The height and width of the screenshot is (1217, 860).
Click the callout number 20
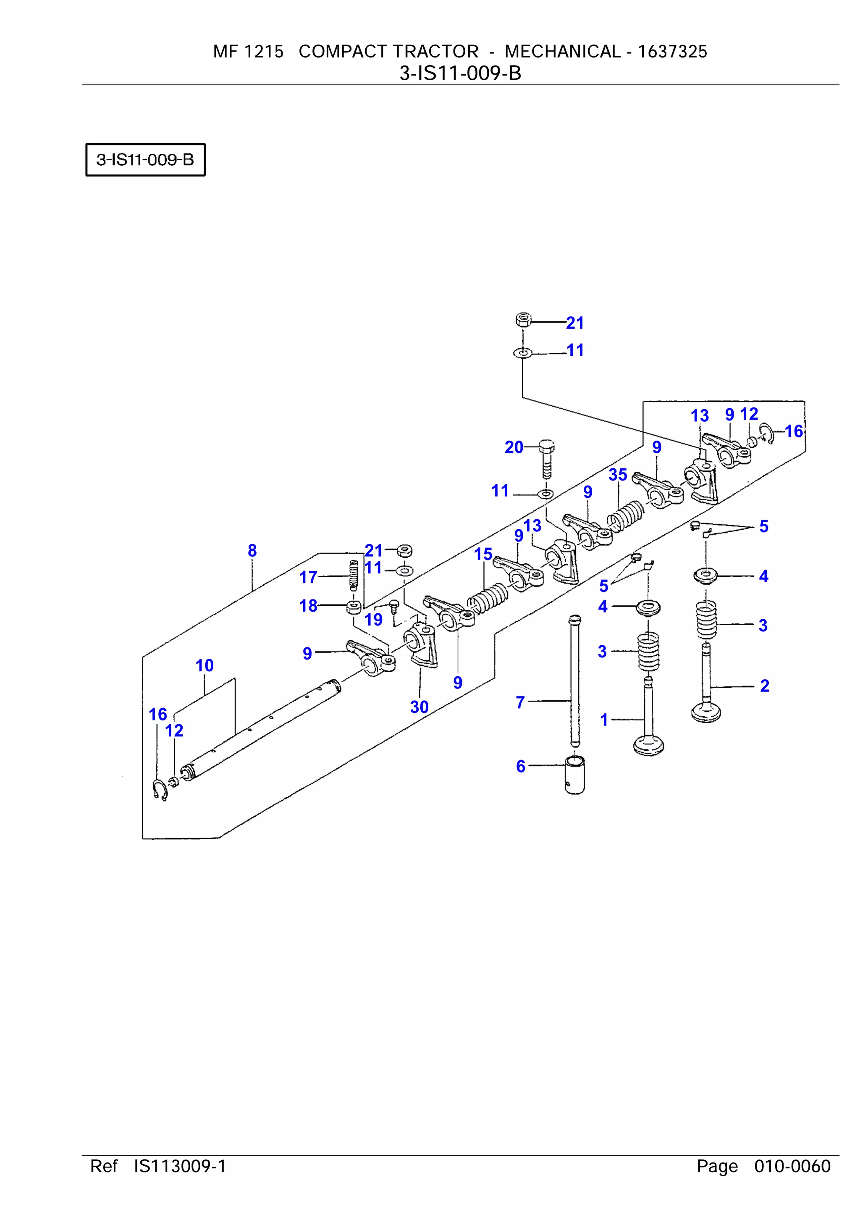click(514, 447)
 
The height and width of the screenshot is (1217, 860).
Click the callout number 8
click(252, 551)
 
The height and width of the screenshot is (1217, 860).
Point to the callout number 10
click(205, 665)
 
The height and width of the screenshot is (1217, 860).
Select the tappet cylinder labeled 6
click(575, 775)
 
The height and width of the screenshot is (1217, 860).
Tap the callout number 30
click(419, 707)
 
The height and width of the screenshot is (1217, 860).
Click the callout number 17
click(308, 577)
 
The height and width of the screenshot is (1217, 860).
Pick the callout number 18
click(308, 606)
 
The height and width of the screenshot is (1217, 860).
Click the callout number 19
click(374, 620)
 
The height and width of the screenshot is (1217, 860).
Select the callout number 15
click(483, 555)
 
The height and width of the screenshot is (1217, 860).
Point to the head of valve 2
click(706, 711)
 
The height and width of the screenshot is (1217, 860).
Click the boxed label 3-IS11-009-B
click(145, 160)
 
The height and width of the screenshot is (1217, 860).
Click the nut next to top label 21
click(523, 320)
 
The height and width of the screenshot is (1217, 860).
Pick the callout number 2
click(764, 686)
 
